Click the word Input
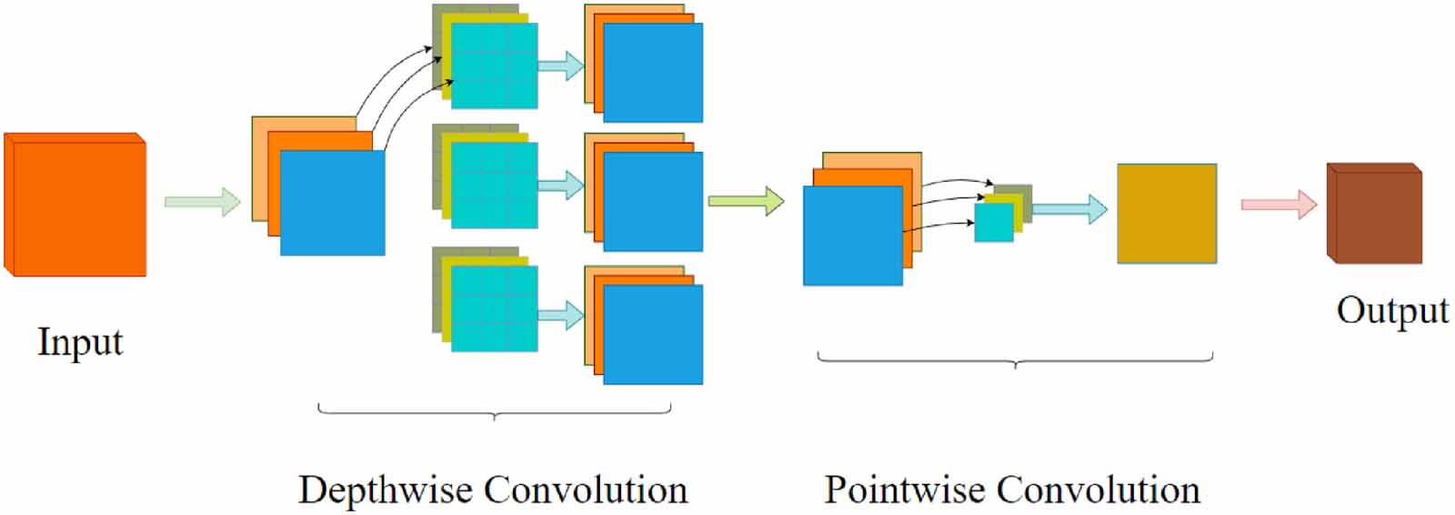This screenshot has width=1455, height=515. pyautogui.click(x=80, y=343)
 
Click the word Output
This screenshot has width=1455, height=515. pyautogui.click(x=1391, y=310)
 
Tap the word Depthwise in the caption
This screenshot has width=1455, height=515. pyautogui.click(x=386, y=490)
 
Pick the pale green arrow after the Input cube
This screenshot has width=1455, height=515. pyautogui.click(x=202, y=201)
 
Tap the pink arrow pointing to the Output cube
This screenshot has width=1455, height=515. pyautogui.click(x=1279, y=204)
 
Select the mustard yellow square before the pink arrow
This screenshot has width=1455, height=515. pyautogui.click(x=1167, y=214)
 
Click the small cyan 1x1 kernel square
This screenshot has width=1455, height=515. pyautogui.click(x=993, y=223)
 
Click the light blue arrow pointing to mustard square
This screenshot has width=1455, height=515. pyautogui.click(x=1069, y=209)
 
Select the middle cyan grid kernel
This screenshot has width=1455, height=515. pyautogui.click(x=494, y=186)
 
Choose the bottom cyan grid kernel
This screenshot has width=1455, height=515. pyautogui.click(x=494, y=308)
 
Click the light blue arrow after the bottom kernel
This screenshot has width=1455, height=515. pyautogui.click(x=560, y=316)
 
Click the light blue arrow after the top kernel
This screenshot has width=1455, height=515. pyautogui.click(x=560, y=66)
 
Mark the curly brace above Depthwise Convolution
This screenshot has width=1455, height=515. pyautogui.click(x=494, y=412)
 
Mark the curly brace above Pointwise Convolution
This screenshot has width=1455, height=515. pyautogui.click(x=1015, y=360)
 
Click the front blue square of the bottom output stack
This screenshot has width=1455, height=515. pyautogui.click(x=653, y=334)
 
